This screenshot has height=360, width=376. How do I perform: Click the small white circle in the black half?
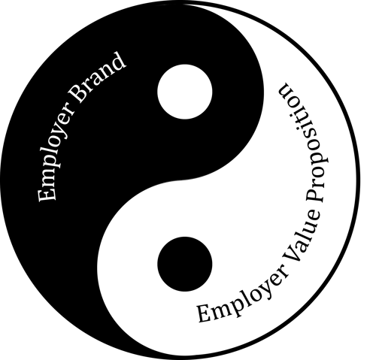coord(185,92)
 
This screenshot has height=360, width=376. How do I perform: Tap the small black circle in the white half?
coord(185,264)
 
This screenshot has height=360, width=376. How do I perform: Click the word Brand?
coord(97,77)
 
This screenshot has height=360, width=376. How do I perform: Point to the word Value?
coord(302,233)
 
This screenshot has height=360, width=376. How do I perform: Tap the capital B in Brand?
coord(78,93)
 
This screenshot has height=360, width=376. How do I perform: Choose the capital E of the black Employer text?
coord(206,313)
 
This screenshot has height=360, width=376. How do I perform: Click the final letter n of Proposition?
coord(286,89)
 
